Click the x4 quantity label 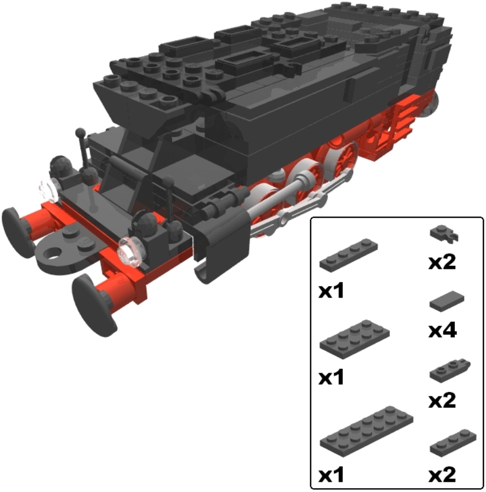(x=442, y=331)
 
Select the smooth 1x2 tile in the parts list (x=447, y=301)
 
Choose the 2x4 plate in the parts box (x=355, y=340)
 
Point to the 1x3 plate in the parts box (x=453, y=443)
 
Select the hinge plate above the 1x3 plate (x=450, y=370)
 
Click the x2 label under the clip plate (x=442, y=262)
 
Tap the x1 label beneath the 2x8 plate (x=331, y=475)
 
